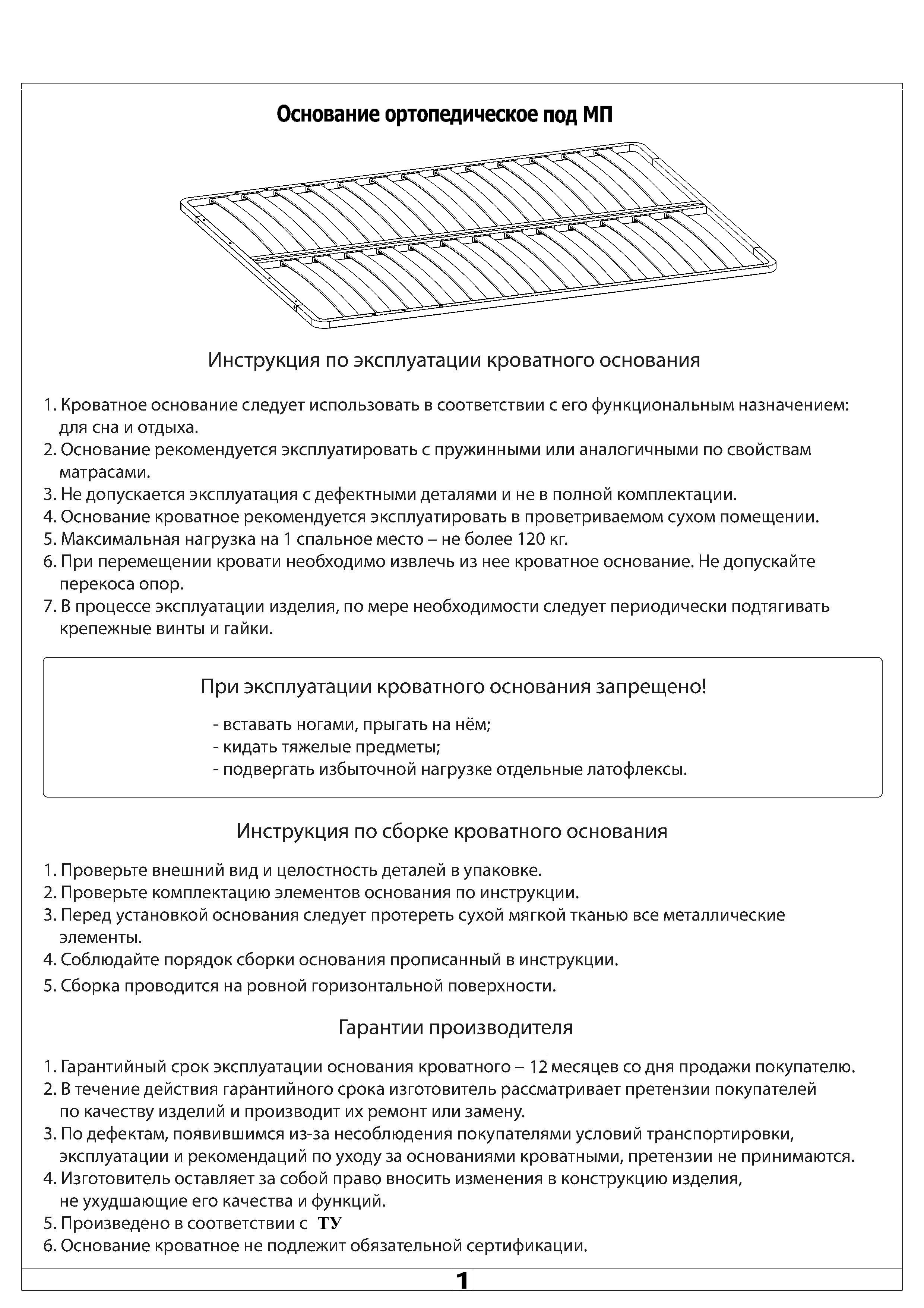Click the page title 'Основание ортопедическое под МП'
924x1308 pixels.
[x=444, y=115]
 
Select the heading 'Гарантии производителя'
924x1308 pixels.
[x=455, y=1027]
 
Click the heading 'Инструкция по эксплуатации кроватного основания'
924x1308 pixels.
[x=454, y=361]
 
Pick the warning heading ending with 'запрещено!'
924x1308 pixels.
[x=453, y=686]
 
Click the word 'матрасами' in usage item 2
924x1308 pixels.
[x=104, y=472]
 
